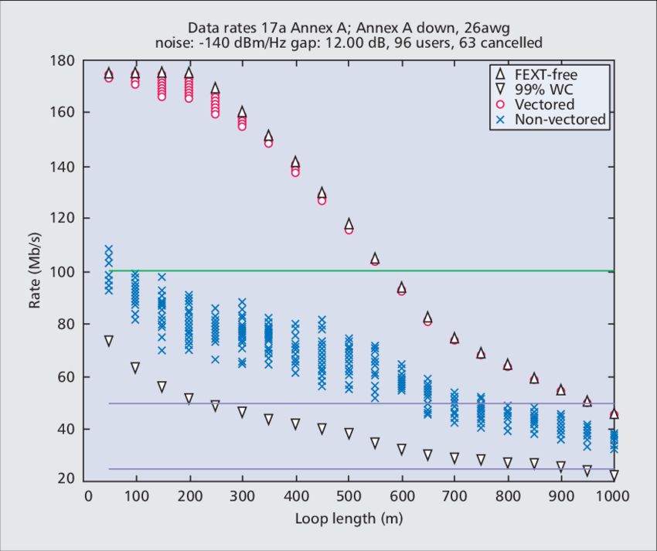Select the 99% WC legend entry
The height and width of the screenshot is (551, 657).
point(543,90)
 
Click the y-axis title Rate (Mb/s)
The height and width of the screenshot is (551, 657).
point(36,270)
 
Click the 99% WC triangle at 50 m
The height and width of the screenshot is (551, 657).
point(109,341)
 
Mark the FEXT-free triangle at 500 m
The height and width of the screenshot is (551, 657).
point(349,223)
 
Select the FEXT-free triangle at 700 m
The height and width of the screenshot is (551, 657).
point(454,338)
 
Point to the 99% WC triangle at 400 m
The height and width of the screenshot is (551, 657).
point(295,424)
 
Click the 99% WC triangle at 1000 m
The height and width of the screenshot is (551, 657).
point(614,475)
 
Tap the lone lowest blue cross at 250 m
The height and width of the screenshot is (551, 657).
point(215,359)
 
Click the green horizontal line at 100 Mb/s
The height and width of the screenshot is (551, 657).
point(348,270)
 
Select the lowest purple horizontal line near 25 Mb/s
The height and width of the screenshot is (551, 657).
point(348,468)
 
